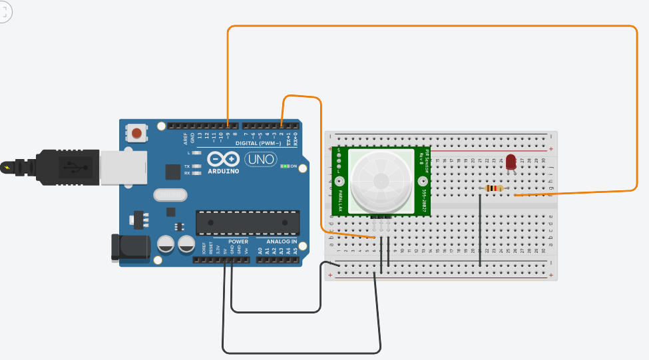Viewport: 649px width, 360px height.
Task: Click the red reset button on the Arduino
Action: click(x=136, y=133)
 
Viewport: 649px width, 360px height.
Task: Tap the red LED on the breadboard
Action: click(x=511, y=162)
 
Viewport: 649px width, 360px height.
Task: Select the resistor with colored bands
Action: click(x=494, y=188)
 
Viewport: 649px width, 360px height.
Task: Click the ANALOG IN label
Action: click(x=282, y=242)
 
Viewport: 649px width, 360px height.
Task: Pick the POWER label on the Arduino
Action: click(x=238, y=242)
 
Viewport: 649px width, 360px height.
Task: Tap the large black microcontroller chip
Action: click(x=248, y=223)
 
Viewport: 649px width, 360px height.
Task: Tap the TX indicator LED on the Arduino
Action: click(x=196, y=166)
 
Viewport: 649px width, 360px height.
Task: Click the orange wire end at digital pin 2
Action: click(x=282, y=125)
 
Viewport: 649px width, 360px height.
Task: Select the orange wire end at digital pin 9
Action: click(x=228, y=125)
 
